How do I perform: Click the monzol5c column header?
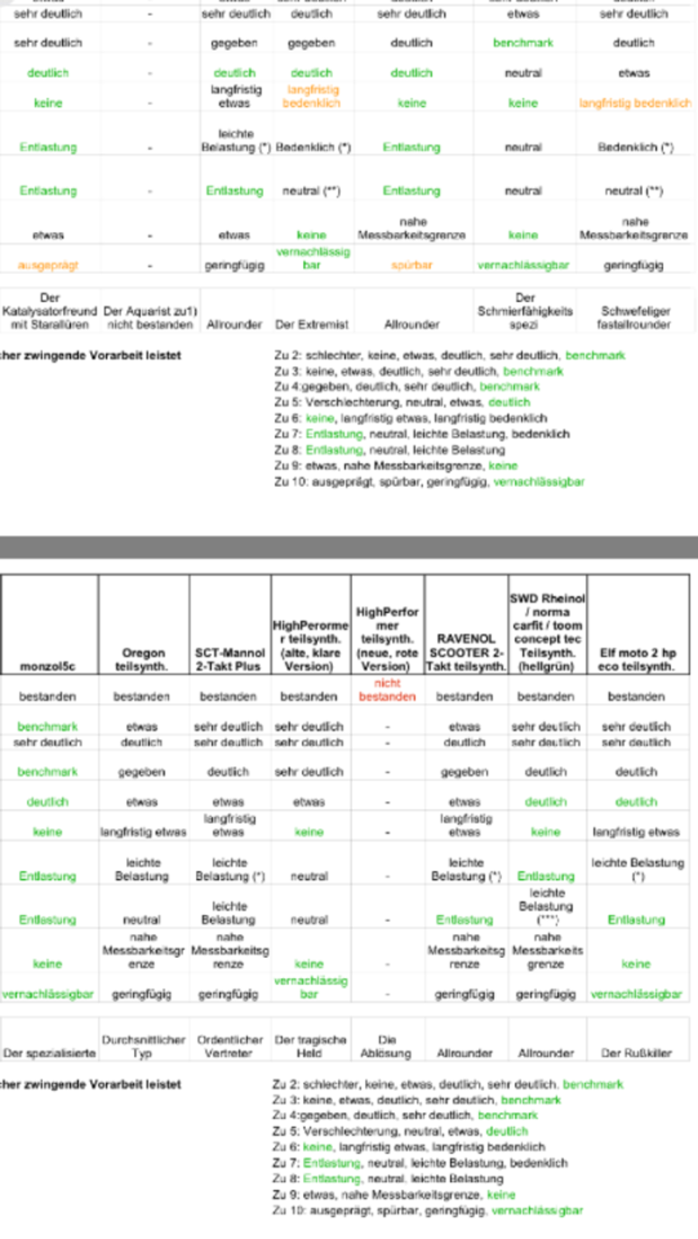[48, 665]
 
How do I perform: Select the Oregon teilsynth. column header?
[143, 659]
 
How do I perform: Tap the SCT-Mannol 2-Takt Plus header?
[229, 659]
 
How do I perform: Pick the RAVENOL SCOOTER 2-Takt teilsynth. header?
[466, 652]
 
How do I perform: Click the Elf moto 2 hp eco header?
[637, 659]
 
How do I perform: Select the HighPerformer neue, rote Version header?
[387, 638]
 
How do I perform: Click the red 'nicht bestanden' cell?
[387, 689]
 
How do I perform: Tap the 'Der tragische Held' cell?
[308, 1046]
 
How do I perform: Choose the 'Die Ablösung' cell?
[387, 1046]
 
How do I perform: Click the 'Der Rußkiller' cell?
[637, 1053]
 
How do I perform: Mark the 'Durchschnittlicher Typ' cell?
[143, 1046]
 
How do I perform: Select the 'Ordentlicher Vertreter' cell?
[229, 1046]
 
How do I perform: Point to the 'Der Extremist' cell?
[311, 324]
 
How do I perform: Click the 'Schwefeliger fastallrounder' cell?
[634, 317]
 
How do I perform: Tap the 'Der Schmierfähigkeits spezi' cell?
[524, 311]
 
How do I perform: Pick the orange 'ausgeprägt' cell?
[48, 265]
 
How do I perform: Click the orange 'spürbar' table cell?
[411, 265]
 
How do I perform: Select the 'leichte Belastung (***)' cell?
[546, 906]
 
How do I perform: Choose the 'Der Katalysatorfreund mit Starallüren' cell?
[50, 311]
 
